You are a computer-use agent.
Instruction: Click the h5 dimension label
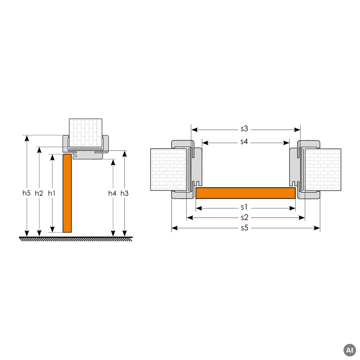click(x=26, y=193)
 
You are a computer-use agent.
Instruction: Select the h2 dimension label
click(x=39, y=193)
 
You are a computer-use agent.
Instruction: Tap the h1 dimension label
click(x=52, y=193)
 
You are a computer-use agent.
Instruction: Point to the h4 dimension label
click(x=112, y=193)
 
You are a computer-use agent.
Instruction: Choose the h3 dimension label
click(x=124, y=193)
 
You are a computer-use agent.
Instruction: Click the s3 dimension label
click(x=244, y=129)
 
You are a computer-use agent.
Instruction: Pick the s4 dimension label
click(x=244, y=142)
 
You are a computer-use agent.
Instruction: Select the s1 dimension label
click(x=244, y=207)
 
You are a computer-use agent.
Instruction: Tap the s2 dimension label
click(x=245, y=217)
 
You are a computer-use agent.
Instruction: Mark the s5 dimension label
click(x=245, y=228)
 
